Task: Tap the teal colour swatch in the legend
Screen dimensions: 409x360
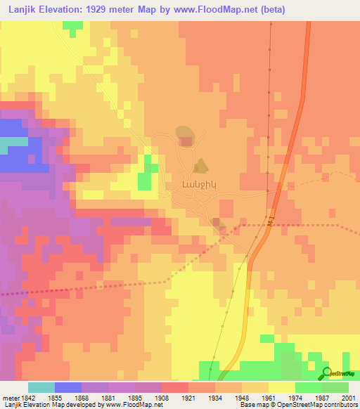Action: (x=41, y=387)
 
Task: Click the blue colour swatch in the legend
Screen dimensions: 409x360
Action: (x=67, y=387)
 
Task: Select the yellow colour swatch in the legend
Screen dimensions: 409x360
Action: (x=281, y=387)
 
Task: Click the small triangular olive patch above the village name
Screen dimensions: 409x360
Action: (x=201, y=167)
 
